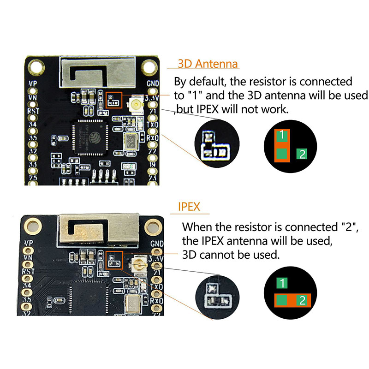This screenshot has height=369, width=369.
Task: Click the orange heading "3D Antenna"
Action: (208, 64)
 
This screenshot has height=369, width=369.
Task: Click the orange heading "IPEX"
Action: (189, 206)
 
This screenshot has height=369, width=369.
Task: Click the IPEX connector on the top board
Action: (137, 106)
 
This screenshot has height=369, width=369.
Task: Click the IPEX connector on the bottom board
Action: (137, 265)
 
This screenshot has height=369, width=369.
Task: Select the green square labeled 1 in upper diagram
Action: (282, 135)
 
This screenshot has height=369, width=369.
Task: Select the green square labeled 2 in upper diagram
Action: (302, 154)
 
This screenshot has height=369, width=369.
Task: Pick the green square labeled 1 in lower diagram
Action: (282, 283)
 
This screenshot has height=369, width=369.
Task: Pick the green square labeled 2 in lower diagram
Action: (302, 301)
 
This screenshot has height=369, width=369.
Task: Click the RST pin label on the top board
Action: (33, 111)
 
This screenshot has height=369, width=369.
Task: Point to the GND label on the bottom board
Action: (157, 243)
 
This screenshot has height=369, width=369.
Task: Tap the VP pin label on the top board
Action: (32, 83)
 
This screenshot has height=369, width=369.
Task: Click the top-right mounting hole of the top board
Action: (149, 67)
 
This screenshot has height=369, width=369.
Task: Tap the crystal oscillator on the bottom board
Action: (133, 304)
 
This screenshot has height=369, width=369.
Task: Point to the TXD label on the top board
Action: (153, 125)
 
